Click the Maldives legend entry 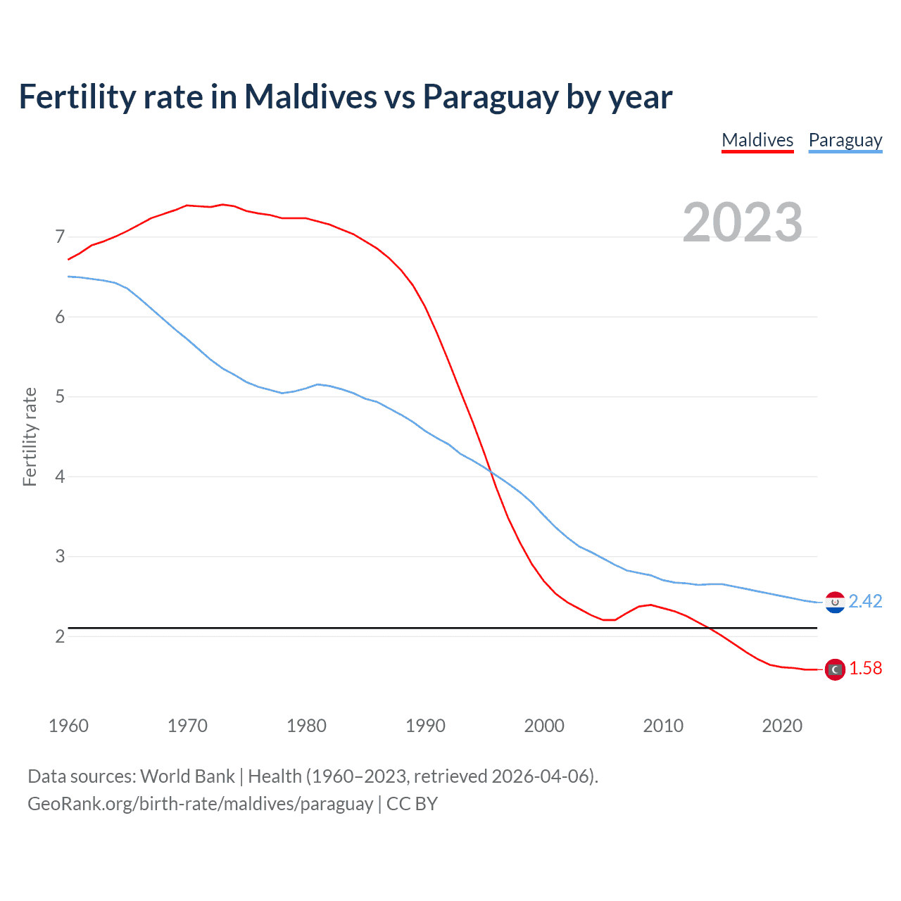[757, 140]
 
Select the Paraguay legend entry [845, 140]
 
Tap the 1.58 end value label [865, 668]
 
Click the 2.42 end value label [865, 601]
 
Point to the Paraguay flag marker [834, 603]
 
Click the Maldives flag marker [834, 669]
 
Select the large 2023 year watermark [742, 222]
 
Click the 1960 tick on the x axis [68, 726]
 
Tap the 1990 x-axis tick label [425, 726]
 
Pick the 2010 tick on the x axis [663, 726]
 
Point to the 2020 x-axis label [782, 726]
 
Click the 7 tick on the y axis [60, 237]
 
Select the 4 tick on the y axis [60, 477]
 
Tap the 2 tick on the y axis [60, 636]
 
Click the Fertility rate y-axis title [30, 436]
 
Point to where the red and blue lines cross [491, 472]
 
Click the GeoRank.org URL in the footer [201, 804]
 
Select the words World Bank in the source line [187, 776]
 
